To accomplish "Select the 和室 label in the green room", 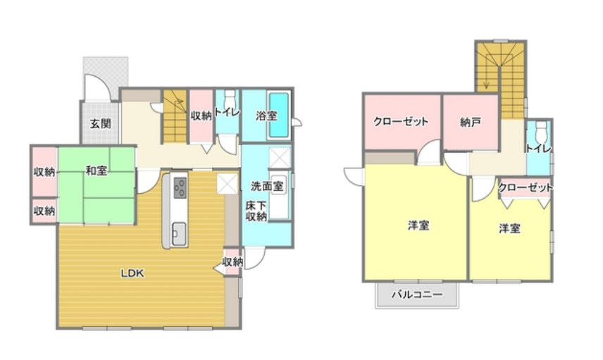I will pos(97,170).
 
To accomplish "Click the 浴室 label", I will pos(266,115).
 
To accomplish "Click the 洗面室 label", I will pos(268,187).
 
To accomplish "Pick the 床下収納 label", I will pos(256,211).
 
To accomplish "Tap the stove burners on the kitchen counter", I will pos(180,188).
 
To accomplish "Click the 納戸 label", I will pos(470,121).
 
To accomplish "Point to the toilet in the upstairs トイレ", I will pos(541,131).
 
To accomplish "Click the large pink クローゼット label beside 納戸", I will pos(401,121).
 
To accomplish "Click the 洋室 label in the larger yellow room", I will pos(419,225).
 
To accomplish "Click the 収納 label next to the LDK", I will pos(232,262).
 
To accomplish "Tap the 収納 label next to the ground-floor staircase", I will pos(201,115).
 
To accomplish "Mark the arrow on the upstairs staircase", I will pos(487,77).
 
